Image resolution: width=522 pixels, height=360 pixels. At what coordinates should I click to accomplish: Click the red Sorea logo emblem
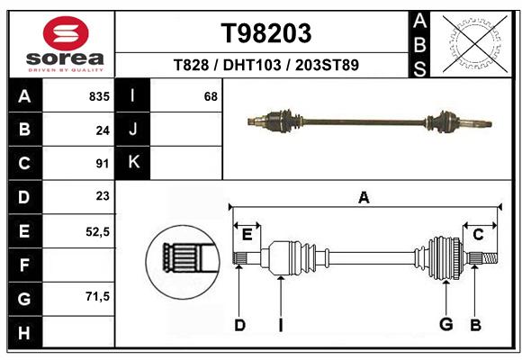[x=66, y=33]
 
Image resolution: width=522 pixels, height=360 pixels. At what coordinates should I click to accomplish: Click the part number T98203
[x=266, y=33]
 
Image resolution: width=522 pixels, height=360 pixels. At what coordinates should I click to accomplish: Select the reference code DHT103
[x=252, y=65]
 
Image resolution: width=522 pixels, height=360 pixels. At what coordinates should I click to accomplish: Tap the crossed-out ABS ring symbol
[x=475, y=44]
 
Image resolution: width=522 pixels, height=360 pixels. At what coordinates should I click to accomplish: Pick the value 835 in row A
[x=99, y=96]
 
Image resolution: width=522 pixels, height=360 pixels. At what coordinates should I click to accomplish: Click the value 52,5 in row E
[x=97, y=232]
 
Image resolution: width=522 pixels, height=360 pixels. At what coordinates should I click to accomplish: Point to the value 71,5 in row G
[x=97, y=296]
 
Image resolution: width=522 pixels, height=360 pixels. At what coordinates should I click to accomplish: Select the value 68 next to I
[x=211, y=96]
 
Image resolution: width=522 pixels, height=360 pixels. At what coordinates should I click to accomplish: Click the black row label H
[x=25, y=332]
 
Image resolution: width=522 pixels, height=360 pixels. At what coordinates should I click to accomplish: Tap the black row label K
[x=133, y=163]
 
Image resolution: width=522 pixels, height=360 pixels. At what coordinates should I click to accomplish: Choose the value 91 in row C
[x=103, y=164]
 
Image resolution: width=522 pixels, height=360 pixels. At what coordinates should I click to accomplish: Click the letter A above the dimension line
[x=364, y=197]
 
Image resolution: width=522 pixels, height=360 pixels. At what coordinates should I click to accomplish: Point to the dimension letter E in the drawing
[x=247, y=235]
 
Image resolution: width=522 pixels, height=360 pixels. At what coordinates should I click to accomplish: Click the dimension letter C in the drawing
[x=478, y=235]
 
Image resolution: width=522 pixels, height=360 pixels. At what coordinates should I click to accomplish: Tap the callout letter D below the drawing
[x=239, y=325]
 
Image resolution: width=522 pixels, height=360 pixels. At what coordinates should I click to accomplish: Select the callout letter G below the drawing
[x=445, y=324]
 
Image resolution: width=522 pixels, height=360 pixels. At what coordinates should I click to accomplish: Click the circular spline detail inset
[x=183, y=262]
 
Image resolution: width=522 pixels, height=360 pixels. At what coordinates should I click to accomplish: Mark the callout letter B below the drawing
[x=475, y=325]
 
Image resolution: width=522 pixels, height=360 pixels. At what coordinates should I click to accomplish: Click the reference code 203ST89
[x=327, y=65]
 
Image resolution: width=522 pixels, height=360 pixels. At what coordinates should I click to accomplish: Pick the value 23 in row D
[x=103, y=196]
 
